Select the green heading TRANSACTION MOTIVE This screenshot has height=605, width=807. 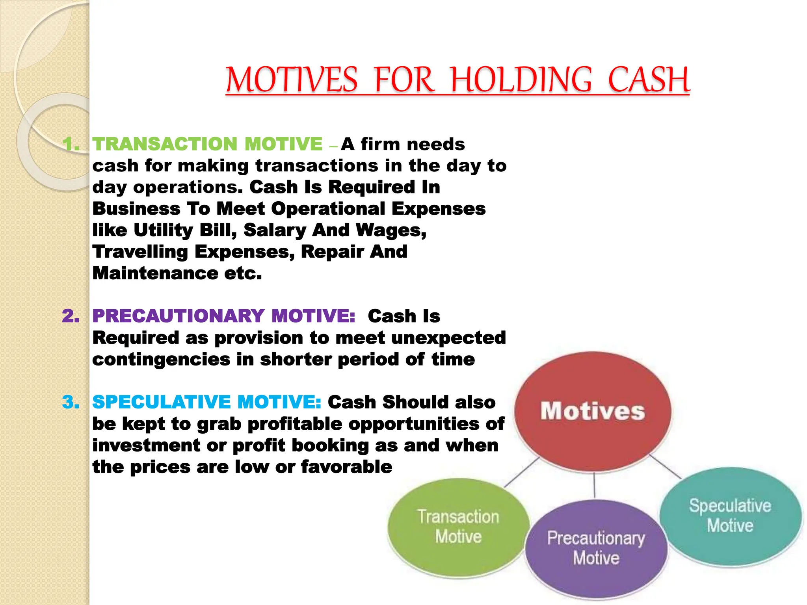[x=208, y=144]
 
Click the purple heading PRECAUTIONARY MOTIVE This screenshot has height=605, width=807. [x=224, y=316]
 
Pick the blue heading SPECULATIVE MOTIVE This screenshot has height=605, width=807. [x=207, y=402]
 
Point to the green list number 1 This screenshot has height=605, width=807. [x=71, y=145]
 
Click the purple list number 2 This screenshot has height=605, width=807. [x=71, y=316]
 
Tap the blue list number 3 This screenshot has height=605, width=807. [x=71, y=402]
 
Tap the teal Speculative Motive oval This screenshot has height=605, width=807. [x=730, y=516]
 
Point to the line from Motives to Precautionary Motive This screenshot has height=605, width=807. [x=594, y=485]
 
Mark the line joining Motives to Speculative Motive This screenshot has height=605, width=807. [x=665, y=467]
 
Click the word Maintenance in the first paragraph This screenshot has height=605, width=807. [x=155, y=273]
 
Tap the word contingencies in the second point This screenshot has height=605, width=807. [x=161, y=360]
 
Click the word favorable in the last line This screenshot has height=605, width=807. [x=346, y=467]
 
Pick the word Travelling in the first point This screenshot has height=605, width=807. [x=140, y=252]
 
